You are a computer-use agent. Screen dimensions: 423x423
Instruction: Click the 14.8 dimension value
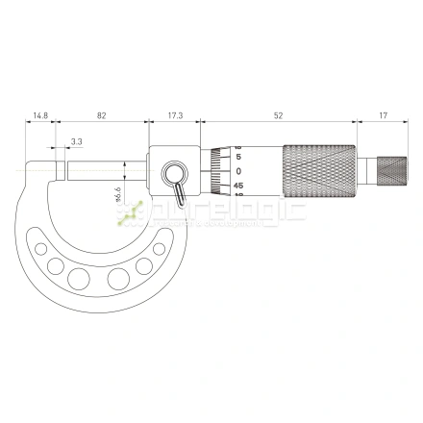(39, 115)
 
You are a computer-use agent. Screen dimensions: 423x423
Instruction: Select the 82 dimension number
(101, 115)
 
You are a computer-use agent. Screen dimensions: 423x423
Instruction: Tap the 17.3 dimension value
(175, 115)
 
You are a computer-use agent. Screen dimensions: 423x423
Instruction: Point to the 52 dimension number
(278, 115)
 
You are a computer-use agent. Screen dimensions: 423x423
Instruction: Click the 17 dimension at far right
(383, 115)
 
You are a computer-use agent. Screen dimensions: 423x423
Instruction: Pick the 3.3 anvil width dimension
(76, 141)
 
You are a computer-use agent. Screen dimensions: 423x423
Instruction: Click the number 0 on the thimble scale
(238, 170)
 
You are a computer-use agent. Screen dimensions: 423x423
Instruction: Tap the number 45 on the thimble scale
(238, 185)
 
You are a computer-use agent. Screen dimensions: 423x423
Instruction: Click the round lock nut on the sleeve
(176, 173)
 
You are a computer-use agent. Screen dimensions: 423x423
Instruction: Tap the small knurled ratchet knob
(388, 170)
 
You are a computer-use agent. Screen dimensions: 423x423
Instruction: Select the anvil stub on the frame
(61, 170)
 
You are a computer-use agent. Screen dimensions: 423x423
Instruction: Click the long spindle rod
(106, 170)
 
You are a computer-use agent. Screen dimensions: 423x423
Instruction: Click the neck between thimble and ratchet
(365, 170)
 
